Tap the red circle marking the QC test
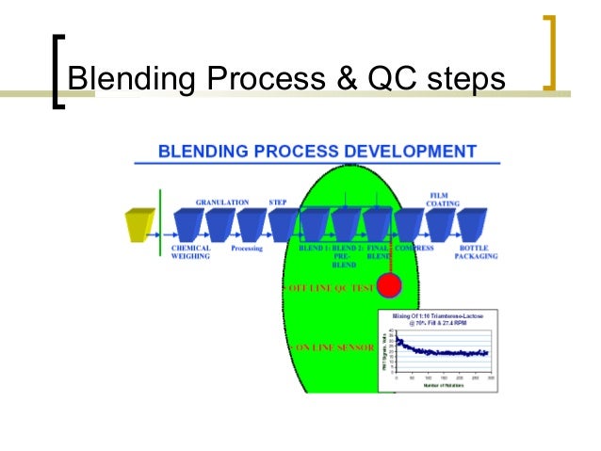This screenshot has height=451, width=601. coord(388,285)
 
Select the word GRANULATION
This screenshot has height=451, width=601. coord(222,201)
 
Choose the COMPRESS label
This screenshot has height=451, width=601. coord(414,250)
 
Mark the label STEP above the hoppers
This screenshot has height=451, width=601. coord(278,201)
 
